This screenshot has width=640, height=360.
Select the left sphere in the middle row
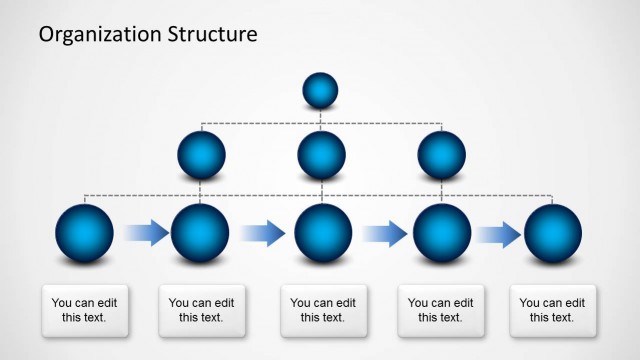coord(201,156)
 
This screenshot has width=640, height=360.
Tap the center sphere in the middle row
coord(322,156)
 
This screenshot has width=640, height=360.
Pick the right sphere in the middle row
coord(442,156)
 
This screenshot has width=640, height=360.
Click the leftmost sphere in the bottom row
coord(84,234)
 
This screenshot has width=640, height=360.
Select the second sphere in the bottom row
coord(201,234)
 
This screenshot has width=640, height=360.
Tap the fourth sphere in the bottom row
coord(442,234)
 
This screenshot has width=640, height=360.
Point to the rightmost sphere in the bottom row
coord(553,234)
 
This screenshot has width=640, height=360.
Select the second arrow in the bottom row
coord(263,235)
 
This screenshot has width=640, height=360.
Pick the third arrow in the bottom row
coord(384,235)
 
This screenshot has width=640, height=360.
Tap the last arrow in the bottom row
coord(497,235)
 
